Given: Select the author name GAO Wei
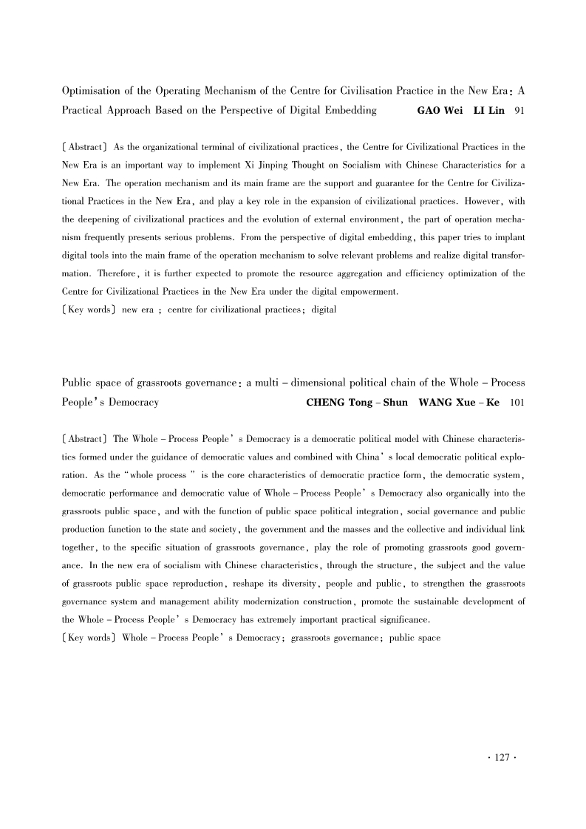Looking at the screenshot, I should (440, 111).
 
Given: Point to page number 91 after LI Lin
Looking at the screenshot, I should (519, 111).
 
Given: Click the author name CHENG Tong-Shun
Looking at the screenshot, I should (352, 403).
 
